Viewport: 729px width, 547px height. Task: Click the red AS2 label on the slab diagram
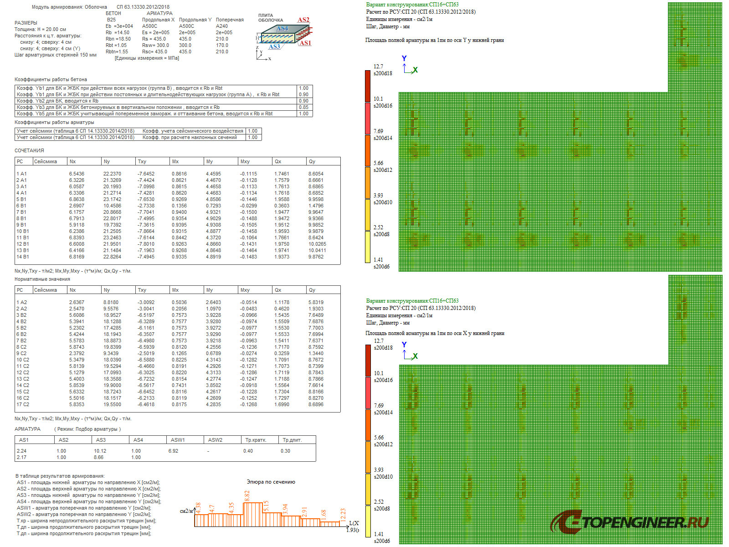tap(303, 20)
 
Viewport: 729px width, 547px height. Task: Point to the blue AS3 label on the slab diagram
tap(274, 46)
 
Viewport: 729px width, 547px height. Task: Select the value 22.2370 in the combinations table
tap(112, 174)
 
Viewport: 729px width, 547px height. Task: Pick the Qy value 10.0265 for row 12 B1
tap(317, 244)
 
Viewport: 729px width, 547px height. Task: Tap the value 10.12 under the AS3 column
tap(100, 451)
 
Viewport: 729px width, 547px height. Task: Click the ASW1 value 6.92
tap(173, 451)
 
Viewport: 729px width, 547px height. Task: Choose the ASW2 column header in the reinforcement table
tap(215, 440)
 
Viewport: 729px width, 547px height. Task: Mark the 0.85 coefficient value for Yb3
tap(303, 107)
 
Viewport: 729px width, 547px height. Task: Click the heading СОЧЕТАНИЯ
tap(29, 150)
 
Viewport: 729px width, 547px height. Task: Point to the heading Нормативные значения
tap(42, 279)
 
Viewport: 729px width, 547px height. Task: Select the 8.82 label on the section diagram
tap(247, 496)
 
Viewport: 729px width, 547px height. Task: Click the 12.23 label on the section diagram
tap(343, 514)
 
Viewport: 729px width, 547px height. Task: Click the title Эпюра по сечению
tap(271, 482)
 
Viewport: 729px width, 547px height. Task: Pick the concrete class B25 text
tap(111, 20)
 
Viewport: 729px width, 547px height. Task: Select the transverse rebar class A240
tap(222, 26)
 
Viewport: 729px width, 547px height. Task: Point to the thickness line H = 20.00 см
tap(40, 29)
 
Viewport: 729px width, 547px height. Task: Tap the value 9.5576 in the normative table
tap(111, 309)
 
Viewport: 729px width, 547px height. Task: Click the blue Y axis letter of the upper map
tap(404, 58)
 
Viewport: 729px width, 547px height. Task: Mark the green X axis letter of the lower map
tap(415, 356)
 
